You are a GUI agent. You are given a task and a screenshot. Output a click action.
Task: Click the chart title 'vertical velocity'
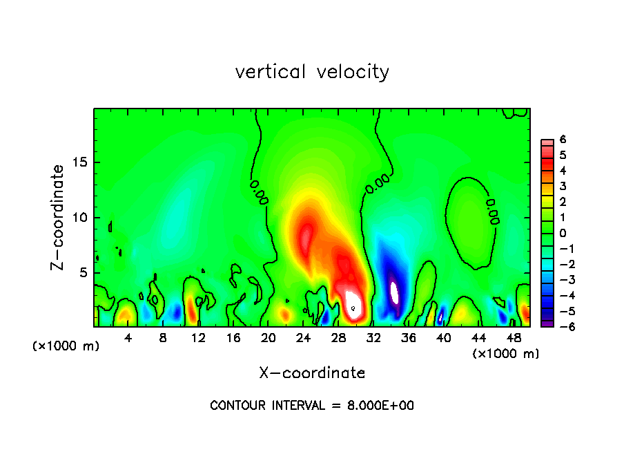coord(312,72)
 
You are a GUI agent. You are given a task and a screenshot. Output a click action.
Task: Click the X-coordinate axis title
coord(312,373)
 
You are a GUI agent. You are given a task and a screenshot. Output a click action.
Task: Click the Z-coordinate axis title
coord(59,217)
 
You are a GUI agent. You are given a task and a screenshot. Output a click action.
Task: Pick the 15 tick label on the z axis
coord(80,163)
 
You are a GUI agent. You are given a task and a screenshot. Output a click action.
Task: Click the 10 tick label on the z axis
coord(80,218)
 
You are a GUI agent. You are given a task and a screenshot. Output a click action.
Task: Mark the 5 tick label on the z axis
coord(84,272)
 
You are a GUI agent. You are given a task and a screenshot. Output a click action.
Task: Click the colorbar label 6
coord(563,140)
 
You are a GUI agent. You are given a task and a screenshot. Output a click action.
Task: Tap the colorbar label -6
coord(560,326)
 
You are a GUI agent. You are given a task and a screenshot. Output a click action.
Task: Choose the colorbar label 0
coord(563,233)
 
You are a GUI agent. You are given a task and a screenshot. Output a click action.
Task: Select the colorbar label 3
coord(563,186)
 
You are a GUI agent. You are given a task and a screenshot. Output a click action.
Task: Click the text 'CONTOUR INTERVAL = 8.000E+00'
coord(312,406)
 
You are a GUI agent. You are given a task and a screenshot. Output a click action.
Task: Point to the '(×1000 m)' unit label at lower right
coord(506,354)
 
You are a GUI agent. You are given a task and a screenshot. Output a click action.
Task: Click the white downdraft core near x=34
coord(394,292)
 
